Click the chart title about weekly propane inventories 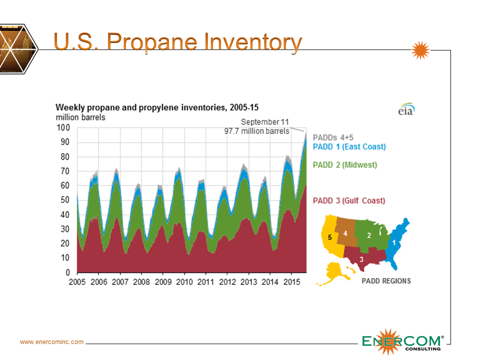click(x=156, y=107)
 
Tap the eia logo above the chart click(x=406, y=110)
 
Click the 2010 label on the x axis click(x=184, y=282)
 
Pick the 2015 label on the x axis click(x=292, y=282)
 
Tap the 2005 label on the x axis click(x=77, y=282)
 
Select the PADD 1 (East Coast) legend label click(x=349, y=146)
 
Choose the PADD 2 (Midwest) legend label click(x=345, y=164)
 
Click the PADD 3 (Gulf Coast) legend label click(x=349, y=201)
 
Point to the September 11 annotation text click(x=264, y=122)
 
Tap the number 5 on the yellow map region click(x=329, y=237)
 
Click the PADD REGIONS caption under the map click(x=386, y=281)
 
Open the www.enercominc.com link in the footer click(x=51, y=342)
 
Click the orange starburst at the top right click(x=420, y=50)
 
